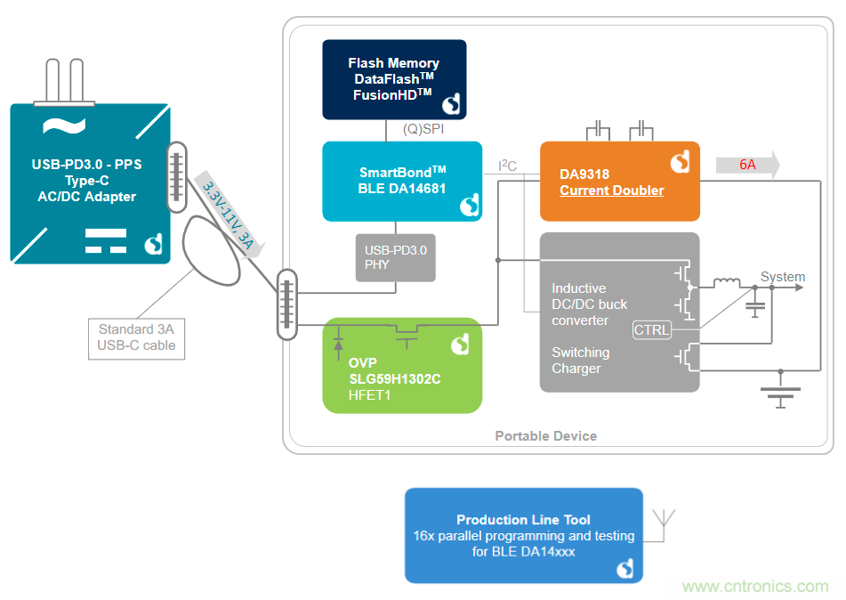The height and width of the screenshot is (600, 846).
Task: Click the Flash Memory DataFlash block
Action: coord(393,79)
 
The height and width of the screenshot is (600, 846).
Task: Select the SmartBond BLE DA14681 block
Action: coord(402,181)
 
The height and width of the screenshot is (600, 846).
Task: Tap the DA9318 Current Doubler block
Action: coord(619,182)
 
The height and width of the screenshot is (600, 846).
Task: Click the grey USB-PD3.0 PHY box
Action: coord(396,257)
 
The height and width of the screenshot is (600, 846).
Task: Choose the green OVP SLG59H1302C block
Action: coord(402,365)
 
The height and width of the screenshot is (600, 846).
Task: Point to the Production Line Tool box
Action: coord(523,535)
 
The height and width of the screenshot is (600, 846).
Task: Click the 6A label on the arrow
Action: coord(747,165)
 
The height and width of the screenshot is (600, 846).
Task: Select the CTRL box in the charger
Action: coord(652,330)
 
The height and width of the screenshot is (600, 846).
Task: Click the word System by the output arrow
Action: coord(782,277)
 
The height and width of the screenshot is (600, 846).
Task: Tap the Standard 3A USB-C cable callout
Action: coord(136,337)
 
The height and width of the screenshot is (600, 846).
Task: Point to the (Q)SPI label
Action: coord(423,129)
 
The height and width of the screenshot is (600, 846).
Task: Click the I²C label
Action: coord(507,165)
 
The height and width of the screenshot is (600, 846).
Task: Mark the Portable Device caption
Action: coord(545,436)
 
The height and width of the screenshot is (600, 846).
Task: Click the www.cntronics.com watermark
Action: coord(754,587)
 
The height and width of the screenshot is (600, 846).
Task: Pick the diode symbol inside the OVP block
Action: coord(338,342)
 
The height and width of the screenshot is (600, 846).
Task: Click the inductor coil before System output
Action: coord(727,284)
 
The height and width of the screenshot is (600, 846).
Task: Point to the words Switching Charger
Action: coord(580,361)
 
